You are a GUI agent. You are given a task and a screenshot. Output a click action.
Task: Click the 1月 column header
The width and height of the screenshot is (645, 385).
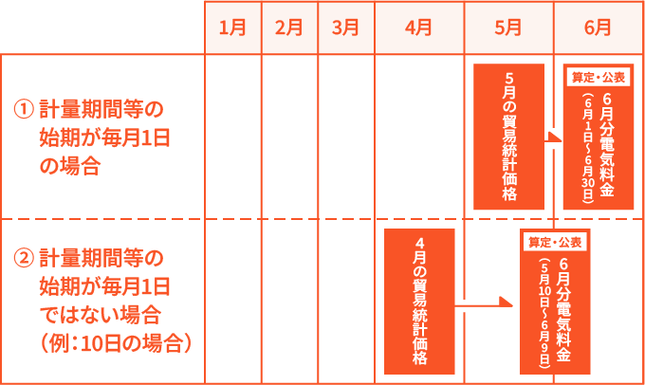click(x=232, y=27)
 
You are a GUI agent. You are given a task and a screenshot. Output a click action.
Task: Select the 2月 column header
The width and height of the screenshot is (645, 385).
click(x=289, y=27)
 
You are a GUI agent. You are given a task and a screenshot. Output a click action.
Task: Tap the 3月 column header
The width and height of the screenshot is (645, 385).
click(x=346, y=27)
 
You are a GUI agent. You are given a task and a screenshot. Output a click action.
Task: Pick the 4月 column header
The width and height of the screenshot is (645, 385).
click(x=419, y=27)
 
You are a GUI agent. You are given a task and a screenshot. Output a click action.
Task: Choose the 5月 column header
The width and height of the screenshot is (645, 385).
click(x=508, y=27)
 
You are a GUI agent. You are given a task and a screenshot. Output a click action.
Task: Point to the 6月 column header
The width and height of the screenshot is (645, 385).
click(x=599, y=27)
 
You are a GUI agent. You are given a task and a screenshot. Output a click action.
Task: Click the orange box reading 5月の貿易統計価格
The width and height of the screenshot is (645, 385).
click(x=508, y=137)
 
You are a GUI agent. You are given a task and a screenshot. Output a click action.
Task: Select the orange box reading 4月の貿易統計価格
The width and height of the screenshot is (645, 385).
click(x=419, y=302)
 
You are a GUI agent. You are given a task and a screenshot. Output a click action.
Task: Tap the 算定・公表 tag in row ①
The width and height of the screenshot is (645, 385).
click(x=599, y=78)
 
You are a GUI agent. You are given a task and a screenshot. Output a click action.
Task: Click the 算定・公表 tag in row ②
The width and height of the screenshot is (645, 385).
click(x=555, y=242)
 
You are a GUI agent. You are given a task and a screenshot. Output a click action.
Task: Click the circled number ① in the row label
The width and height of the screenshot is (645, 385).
click(x=24, y=109)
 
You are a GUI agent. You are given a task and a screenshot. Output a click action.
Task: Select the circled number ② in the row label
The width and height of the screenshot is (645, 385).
click(x=24, y=258)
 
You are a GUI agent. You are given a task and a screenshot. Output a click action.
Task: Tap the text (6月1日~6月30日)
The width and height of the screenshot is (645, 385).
click(x=588, y=148)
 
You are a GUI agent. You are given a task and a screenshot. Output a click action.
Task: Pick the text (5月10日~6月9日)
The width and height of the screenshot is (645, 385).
click(x=544, y=314)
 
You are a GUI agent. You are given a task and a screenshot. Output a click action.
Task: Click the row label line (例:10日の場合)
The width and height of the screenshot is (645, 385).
click(x=116, y=343)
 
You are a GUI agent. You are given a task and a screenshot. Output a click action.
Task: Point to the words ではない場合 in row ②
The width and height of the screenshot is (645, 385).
click(x=100, y=315)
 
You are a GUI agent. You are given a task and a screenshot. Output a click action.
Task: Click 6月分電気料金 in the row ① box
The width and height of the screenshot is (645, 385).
click(x=607, y=145)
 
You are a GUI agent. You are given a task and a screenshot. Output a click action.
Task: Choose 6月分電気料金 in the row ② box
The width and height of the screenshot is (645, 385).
click(x=563, y=310)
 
